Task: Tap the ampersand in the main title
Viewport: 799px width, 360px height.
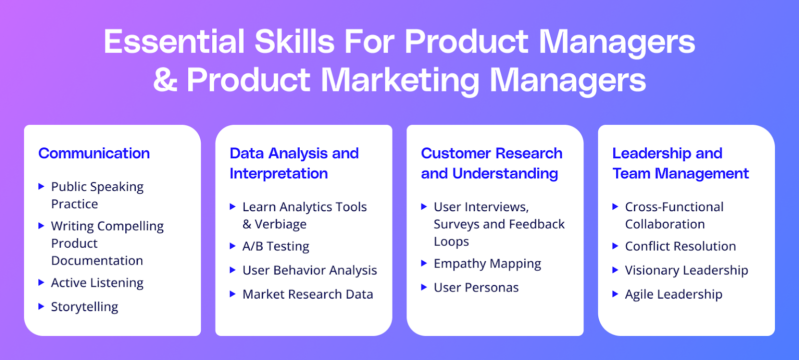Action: click(x=165, y=80)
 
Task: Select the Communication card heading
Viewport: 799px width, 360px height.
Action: click(x=94, y=153)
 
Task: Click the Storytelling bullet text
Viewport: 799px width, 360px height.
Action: click(x=84, y=307)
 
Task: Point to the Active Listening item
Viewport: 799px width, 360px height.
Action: click(x=97, y=283)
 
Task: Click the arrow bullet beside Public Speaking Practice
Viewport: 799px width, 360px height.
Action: click(x=41, y=186)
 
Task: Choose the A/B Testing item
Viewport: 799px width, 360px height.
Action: click(x=276, y=246)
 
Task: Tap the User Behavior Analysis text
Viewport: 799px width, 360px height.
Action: click(x=310, y=270)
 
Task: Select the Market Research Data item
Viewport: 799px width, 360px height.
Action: click(x=308, y=295)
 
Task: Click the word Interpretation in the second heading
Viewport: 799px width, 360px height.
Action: click(x=279, y=174)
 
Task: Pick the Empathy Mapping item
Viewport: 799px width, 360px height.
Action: click(x=487, y=264)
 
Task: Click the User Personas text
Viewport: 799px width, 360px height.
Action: click(x=476, y=288)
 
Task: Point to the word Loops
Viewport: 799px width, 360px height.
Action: click(x=451, y=242)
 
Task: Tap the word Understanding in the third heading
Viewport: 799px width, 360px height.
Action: click(x=505, y=174)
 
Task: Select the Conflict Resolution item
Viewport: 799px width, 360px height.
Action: click(x=681, y=246)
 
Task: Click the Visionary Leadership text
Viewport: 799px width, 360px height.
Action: click(x=687, y=271)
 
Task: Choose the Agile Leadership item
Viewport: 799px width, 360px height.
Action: click(x=674, y=295)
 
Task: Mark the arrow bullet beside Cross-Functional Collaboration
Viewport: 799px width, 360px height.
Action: click(x=615, y=207)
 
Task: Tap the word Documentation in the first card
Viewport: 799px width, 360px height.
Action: click(x=97, y=261)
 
